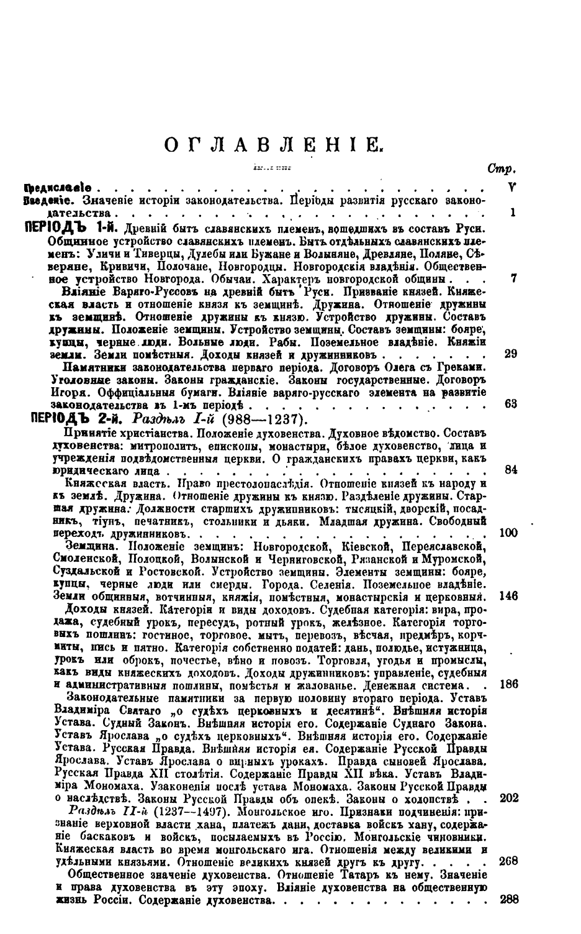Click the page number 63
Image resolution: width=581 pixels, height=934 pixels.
click(511, 404)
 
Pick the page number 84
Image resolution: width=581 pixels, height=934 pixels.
click(511, 470)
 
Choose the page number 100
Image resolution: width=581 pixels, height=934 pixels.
click(508, 533)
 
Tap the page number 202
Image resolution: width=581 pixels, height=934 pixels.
click(508, 799)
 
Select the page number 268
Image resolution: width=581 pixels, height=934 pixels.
click(508, 862)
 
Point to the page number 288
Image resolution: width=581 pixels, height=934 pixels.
click(508, 900)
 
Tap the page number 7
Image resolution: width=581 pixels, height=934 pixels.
click(513, 278)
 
